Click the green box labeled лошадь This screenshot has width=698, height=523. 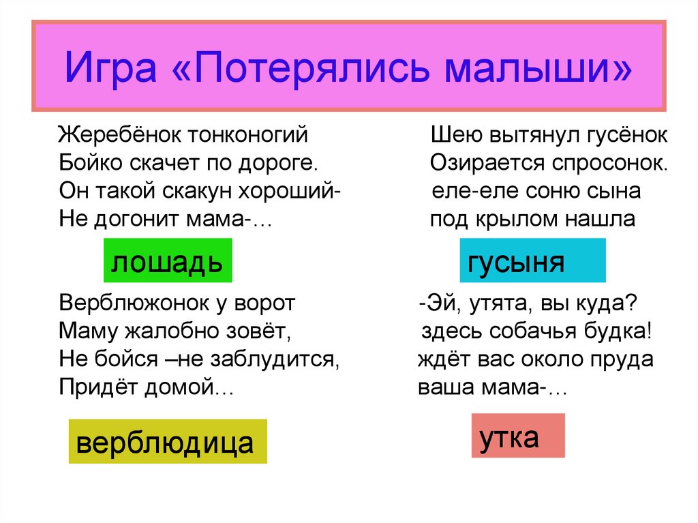[168, 260]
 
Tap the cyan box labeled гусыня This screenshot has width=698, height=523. [532, 260]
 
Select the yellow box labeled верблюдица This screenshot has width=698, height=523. [166, 442]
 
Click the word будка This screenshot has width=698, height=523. [618, 331]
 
